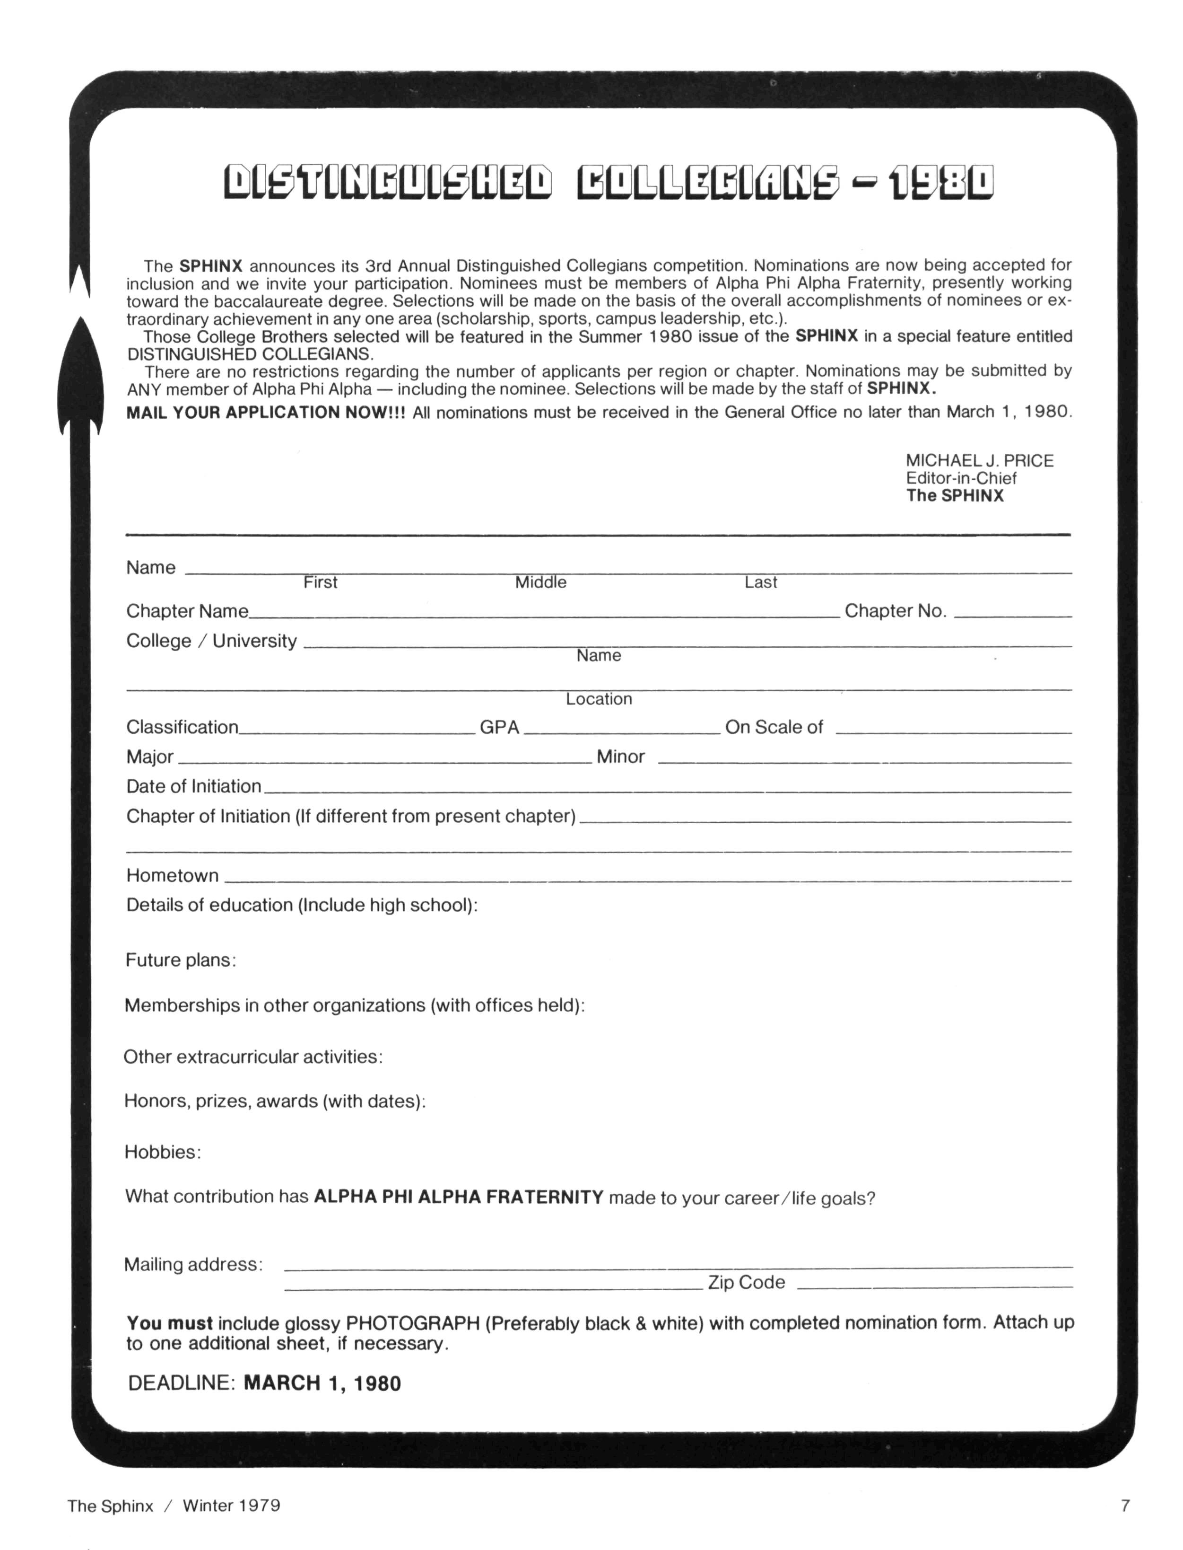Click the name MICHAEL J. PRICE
tap(980, 461)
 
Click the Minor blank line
tap(865, 762)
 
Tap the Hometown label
tap(173, 876)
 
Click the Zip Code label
tap(747, 1282)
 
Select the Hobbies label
tap(163, 1152)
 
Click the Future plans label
tap(180, 960)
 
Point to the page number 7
tap(1125, 1506)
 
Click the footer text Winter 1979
tap(232, 1506)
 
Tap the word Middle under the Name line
tap(541, 582)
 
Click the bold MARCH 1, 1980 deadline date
tap(322, 1383)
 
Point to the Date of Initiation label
tap(194, 786)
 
